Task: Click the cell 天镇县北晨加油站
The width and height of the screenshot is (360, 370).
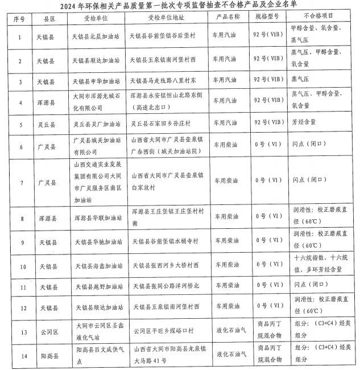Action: coord(96,38)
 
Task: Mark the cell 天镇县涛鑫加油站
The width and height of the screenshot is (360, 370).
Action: coord(96,266)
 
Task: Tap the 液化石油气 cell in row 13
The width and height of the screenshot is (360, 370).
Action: coord(230,330)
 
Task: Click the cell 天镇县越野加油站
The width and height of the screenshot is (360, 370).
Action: coord(96,286)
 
